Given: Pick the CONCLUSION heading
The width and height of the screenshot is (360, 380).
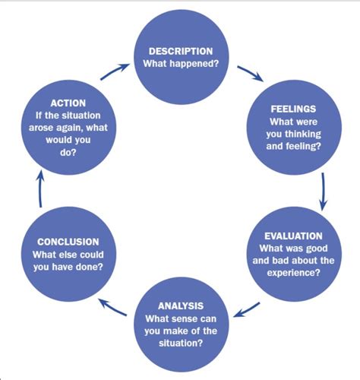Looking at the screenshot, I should click(x=68, y=241).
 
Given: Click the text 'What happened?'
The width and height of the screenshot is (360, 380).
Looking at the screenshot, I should click(x=180, y=62).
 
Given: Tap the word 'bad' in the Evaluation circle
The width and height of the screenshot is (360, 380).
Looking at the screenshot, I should click(x=271, y=261).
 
